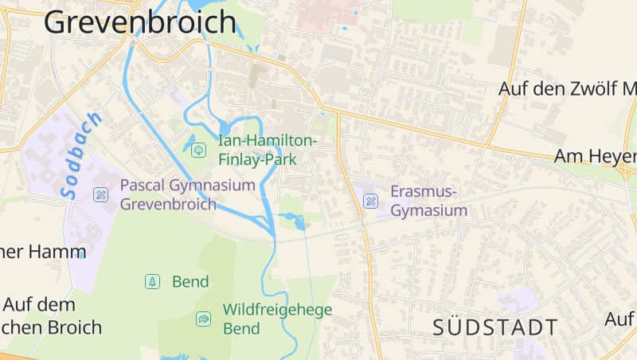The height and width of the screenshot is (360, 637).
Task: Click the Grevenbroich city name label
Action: click(140, 22)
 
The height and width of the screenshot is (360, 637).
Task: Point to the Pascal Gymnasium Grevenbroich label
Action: click(187, 194)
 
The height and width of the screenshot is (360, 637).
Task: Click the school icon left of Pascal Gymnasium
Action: click(100, 194)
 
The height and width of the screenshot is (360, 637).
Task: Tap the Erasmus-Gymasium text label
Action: click(428, 201)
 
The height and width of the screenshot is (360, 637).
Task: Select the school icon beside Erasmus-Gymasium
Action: click(370, 201)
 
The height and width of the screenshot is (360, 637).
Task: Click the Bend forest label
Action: click(190, 281)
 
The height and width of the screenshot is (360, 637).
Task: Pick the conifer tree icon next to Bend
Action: click(152, 281)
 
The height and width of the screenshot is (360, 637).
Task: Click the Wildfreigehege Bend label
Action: click(276, 319)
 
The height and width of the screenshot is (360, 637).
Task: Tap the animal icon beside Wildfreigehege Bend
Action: click(203, 319)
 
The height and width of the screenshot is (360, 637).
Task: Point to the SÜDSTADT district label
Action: click(495, 327)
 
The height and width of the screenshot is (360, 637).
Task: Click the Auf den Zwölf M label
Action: click(567, 88)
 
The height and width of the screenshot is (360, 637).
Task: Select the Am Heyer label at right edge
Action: click(595, 156)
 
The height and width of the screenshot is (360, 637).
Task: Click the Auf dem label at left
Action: click(39, 304)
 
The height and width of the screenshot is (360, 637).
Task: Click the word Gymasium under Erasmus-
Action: click(428, 211)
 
